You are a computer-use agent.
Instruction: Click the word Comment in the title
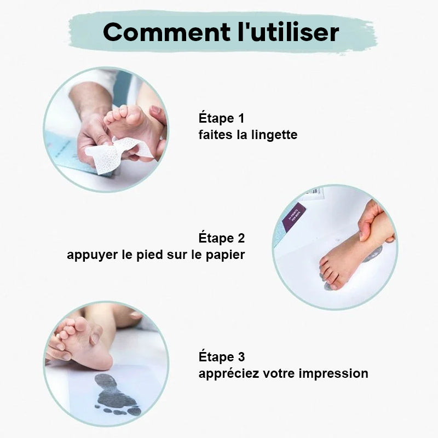coord(166,32)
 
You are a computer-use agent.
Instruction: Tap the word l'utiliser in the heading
coord(289,32)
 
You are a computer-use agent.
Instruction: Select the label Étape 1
coord(221,118)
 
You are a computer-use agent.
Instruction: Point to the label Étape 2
coord(222,238)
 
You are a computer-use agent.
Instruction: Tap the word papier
coord(225,255)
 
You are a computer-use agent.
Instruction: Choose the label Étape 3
coord(222,357)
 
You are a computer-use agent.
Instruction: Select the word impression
coord(333,374)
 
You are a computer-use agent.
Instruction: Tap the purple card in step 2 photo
coord(293,216)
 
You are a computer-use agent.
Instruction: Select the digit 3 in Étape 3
coord(241,357)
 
